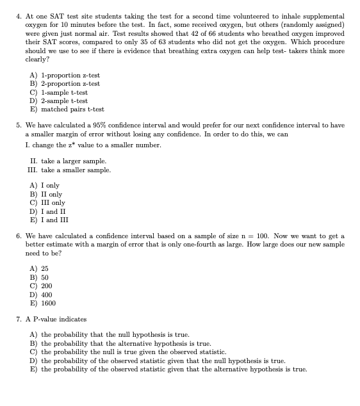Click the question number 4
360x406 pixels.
click(x=18, y=15)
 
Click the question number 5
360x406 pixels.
click(x=18, y=126)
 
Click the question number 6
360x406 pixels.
click(x=18, y=236)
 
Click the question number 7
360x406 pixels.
click(x=18, y=319)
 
